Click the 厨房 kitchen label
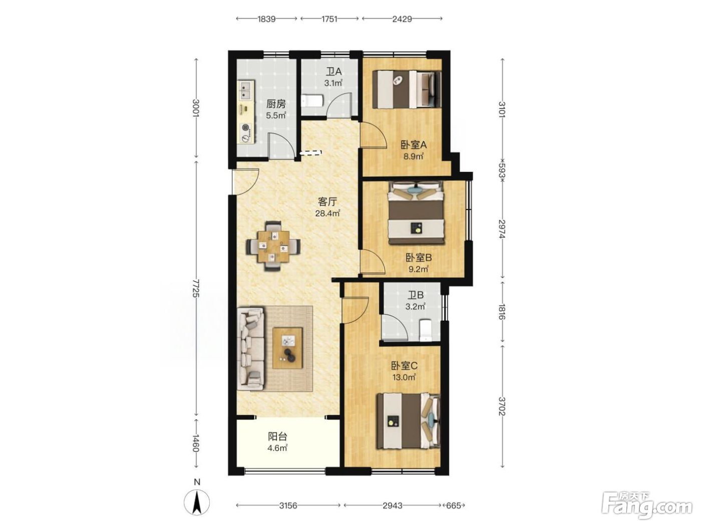276,104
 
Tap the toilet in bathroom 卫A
312,100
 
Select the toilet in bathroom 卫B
426,331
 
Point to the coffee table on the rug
287,348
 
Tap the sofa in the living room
251,349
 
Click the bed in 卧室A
407,89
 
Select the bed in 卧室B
416,213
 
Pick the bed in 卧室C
409,421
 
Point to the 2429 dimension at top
402,19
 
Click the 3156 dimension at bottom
288,505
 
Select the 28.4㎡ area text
327,213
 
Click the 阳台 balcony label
277,436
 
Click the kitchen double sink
246,90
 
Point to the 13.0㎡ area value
404,377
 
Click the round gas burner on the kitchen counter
245,127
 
